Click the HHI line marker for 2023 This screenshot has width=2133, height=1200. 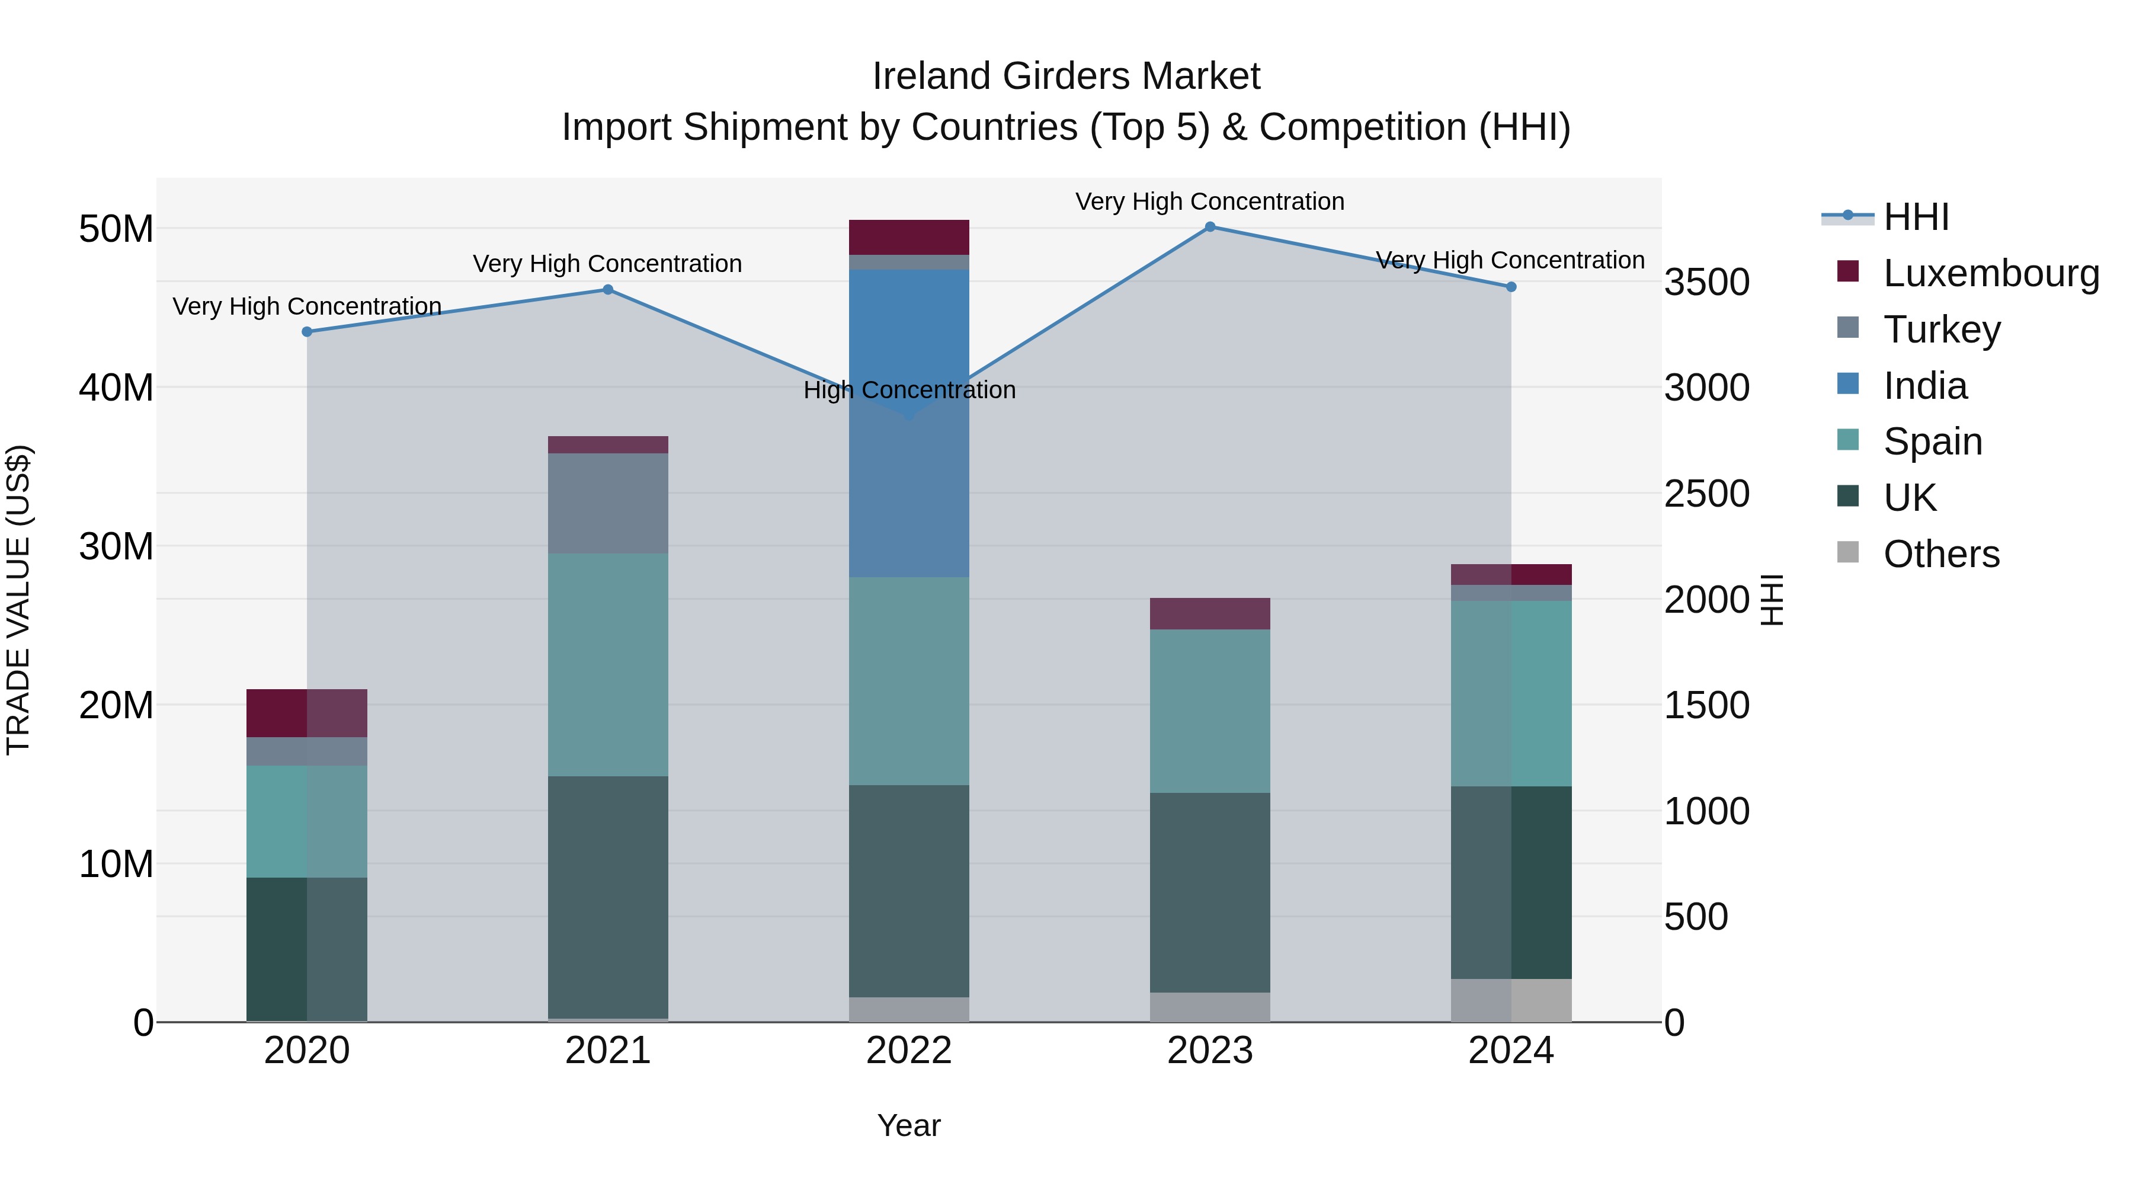(1210, 227)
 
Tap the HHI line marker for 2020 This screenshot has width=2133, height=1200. (307, 332)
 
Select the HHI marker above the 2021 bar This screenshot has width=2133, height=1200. (608, 290)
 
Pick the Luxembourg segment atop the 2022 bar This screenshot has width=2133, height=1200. (909, 238)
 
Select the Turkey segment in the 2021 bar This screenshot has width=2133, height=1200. (608, 504)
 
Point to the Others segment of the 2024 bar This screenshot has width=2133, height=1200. (1511, 1000)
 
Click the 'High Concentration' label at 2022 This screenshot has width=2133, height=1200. (909, 390)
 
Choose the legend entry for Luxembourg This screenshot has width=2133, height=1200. (1991, 273)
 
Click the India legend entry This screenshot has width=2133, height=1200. (1924, 386)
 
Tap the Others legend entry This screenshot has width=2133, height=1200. (1941, 554)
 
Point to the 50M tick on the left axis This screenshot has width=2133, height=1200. (116, 229)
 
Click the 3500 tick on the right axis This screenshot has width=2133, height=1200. (1706, 283)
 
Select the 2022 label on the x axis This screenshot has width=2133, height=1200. (909, 1051)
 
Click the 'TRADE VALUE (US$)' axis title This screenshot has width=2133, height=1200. (18, 600)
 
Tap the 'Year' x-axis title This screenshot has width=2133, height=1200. (909, 1125)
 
